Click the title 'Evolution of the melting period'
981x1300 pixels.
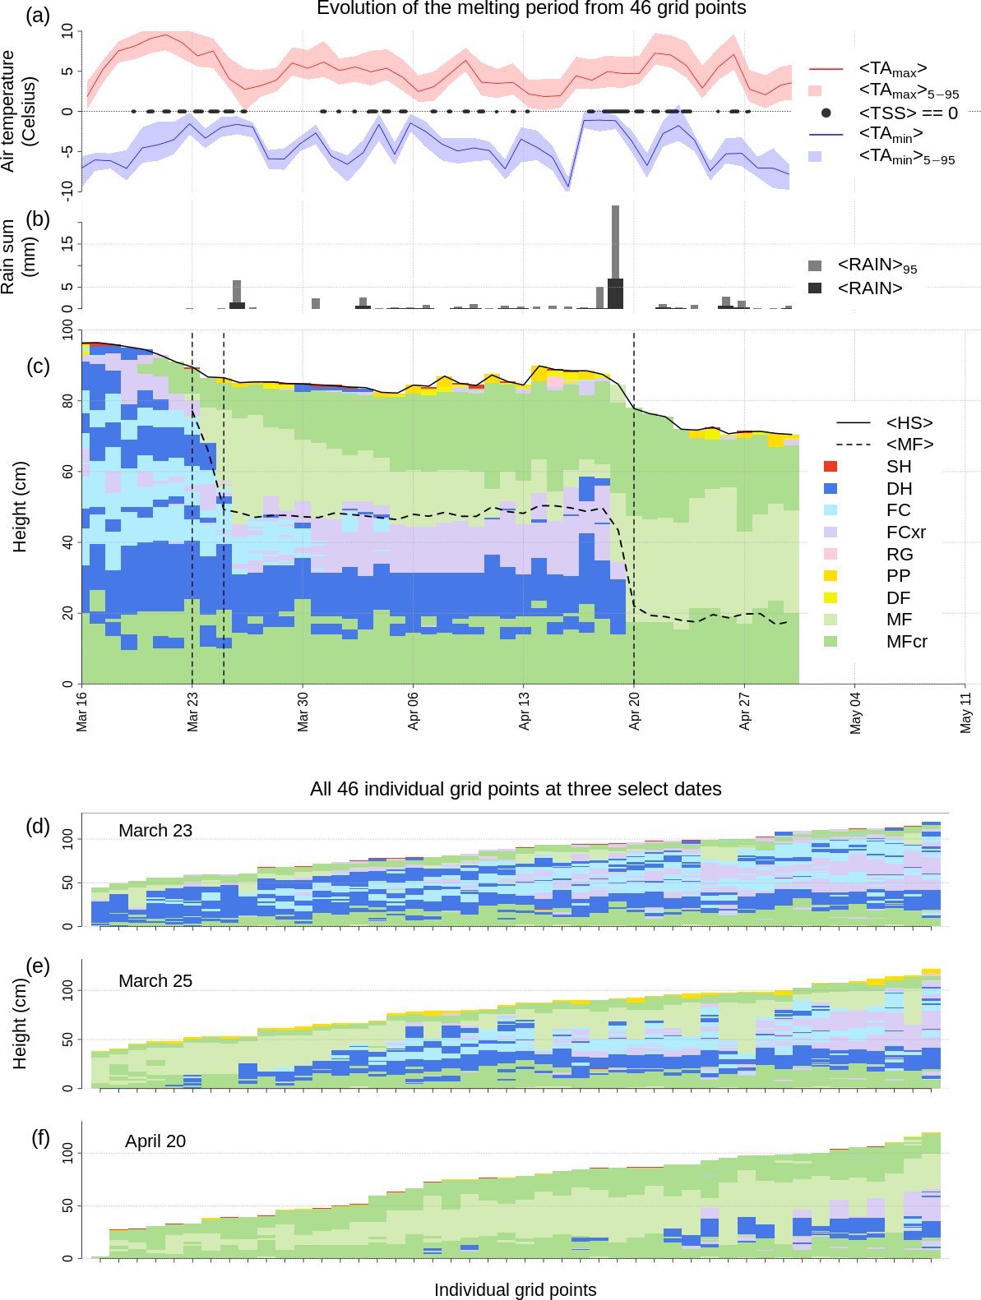click(531, 9)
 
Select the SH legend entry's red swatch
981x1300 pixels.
click(831, 467)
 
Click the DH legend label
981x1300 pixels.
click(899, 489)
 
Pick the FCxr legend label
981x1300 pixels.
click(905, 532)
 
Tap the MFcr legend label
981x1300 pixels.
click(906, 642)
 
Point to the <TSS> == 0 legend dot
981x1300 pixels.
click(826, 113)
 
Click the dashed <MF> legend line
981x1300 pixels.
click(853, 445)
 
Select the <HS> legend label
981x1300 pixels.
click(909, 423)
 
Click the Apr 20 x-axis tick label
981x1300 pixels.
click(635, 711)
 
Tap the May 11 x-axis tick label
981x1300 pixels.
click(966, 712)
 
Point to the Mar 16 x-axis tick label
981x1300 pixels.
click(82, 711)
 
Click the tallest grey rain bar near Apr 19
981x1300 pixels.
click(615, 242)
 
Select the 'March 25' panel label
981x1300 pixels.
click(155, 981)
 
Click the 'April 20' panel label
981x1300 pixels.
click(155, 1141)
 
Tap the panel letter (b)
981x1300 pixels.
click(38, 219)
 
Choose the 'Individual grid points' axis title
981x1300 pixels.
click(515, 1290)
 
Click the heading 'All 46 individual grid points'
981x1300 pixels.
click(516, 790)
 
